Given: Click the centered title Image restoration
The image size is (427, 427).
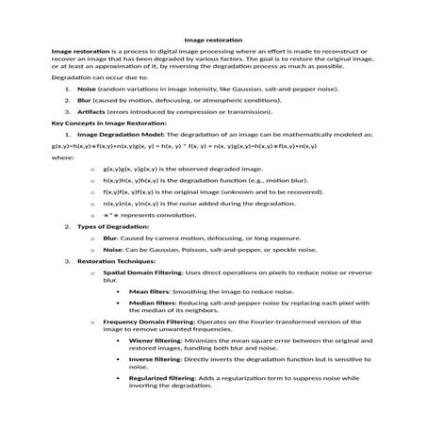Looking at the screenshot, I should (213, 40).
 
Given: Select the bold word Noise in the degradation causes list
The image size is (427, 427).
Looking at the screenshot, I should (88, 87).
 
